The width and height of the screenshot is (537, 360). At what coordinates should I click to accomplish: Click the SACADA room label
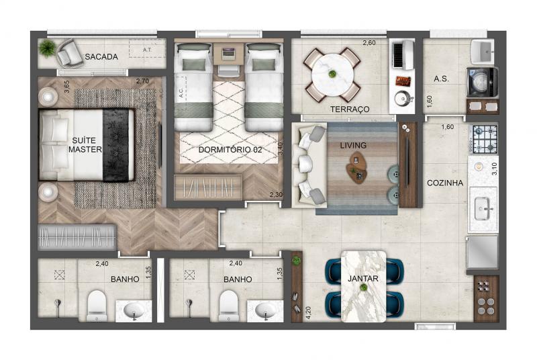[x=101, y=57]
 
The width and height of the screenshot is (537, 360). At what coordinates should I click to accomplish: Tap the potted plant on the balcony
[x=47, y=48]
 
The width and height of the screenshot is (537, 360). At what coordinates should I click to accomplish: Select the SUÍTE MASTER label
[x=85, y=145]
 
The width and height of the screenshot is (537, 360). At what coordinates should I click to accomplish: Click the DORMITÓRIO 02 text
[x=230, y=150]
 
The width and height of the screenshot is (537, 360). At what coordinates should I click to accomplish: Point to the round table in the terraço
[x=332, y=75]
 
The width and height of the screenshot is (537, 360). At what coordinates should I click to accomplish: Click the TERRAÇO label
[x=350, y=109]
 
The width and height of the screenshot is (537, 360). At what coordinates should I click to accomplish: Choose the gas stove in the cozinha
[x=485, y=139]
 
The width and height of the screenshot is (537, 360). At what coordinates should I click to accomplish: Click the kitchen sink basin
[x=483, y=209]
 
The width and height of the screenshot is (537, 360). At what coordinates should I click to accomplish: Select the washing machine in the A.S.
[x=482, y=83]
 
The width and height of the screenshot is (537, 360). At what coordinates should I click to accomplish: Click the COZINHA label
[x=445, y=183]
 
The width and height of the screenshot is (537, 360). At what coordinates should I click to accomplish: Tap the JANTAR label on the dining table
[x=363, y=279]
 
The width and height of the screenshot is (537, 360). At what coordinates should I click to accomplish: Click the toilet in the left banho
[x=97, y=306]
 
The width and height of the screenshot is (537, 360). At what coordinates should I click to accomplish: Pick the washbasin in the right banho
[x=265, y=311]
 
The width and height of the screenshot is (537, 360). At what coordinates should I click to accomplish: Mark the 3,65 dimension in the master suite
[x=66, y=87]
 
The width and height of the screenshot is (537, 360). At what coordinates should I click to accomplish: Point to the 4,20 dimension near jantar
[x=308, y=313]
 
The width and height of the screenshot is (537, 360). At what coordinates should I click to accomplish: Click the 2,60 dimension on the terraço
[x=369, y=43]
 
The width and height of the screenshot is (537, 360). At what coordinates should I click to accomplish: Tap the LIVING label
[x=353, y=146]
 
